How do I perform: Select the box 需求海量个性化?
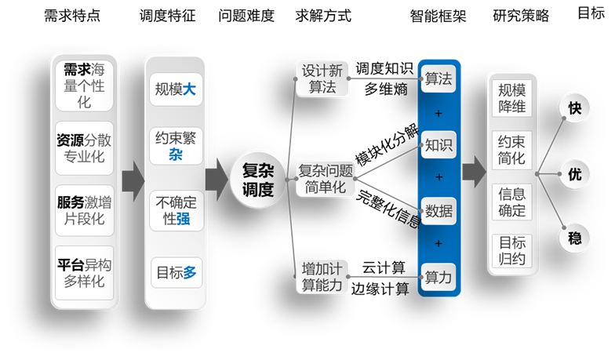pyautogui.click(x=84, y=85)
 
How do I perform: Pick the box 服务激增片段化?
pyautogui.click(x=84, y=210)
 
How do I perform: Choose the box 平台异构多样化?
pyautogui.click(x=84, y=272)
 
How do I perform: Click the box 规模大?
pyautogui.click(x=176, y=90)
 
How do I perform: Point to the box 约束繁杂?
pyautogui.click(x=176, y=146)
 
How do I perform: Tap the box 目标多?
pyautogui.click(x=176, y=273)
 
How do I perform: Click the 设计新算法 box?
pyautogui.click(x=322, y=78)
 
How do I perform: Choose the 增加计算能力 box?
pyautogui.click(x=322, y=277)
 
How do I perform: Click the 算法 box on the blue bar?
pyautogui.click(x=438, y=79)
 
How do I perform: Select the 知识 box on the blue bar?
pyautogui.click(x=438, y=144)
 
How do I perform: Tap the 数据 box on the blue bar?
pyautogui.click(x=438, y=210)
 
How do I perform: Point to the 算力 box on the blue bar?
pyautogui.click(x=438, y=277)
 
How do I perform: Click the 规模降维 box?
pyautogui.click(x=512, y=97)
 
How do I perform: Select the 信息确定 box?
pyautogui.click(x=512, y=202)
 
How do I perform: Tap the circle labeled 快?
pyautogui.click(x=574, y=109)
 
